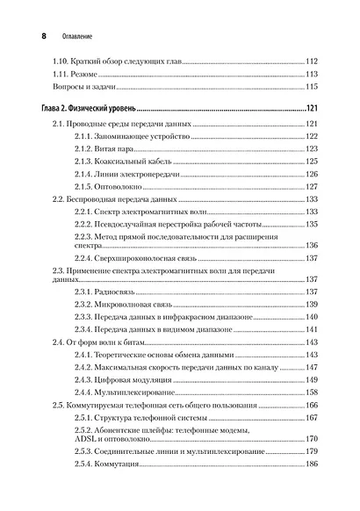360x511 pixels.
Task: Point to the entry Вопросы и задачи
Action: (x=83, y=88)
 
